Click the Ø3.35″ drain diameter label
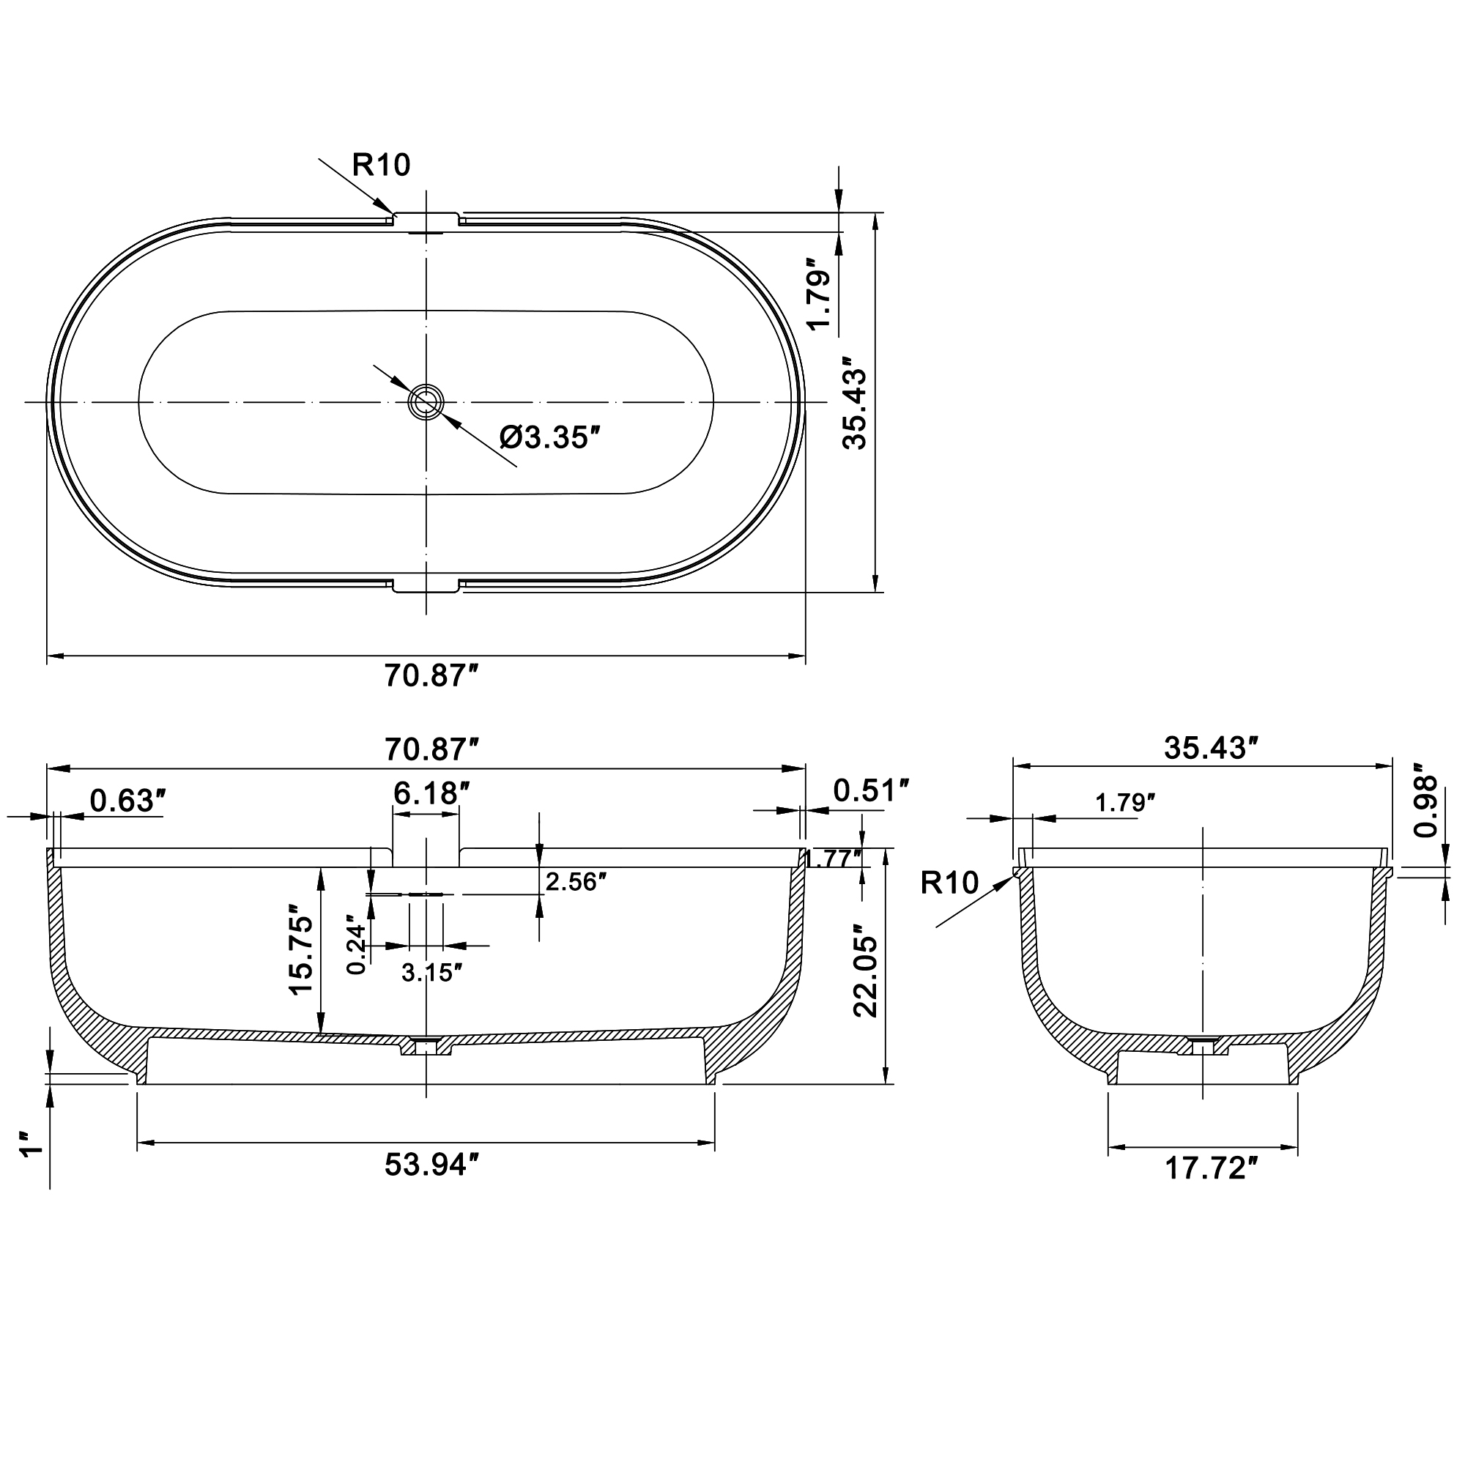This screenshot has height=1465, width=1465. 550,437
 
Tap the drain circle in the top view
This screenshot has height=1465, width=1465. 426,402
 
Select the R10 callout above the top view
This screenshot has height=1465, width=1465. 381,165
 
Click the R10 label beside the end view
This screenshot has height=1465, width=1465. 949,883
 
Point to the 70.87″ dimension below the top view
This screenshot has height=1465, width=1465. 431,675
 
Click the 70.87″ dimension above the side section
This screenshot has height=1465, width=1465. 431,749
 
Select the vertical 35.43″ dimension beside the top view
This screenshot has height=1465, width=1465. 856,404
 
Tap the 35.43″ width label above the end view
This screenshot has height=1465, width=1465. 1211,748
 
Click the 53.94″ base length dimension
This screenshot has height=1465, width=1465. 431,1165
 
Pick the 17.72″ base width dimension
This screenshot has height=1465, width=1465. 1211,1168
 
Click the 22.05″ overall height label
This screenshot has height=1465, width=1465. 866,971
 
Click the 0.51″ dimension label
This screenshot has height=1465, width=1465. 869,791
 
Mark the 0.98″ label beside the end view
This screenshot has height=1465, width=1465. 1426,806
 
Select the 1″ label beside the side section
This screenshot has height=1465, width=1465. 30,1145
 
